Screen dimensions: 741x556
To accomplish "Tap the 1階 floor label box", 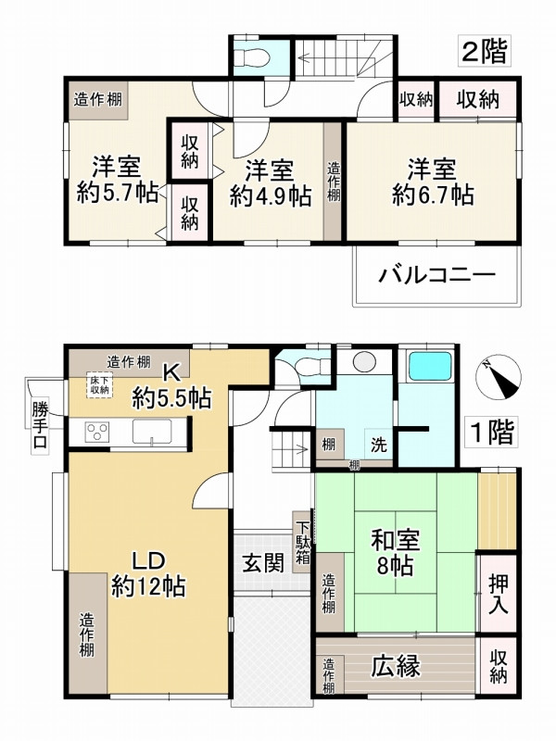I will [489, 432].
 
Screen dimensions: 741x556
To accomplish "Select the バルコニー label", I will [436, 275].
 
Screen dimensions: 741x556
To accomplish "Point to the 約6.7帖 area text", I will [433, 195].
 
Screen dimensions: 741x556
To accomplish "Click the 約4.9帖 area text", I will [271, 196].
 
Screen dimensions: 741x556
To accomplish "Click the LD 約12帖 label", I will [148, 573].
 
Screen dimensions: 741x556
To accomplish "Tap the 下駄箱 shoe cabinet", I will [303, 540].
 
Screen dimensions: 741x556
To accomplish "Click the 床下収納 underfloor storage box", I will [99, 384].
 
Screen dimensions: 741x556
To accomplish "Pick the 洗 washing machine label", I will [381, 444].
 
